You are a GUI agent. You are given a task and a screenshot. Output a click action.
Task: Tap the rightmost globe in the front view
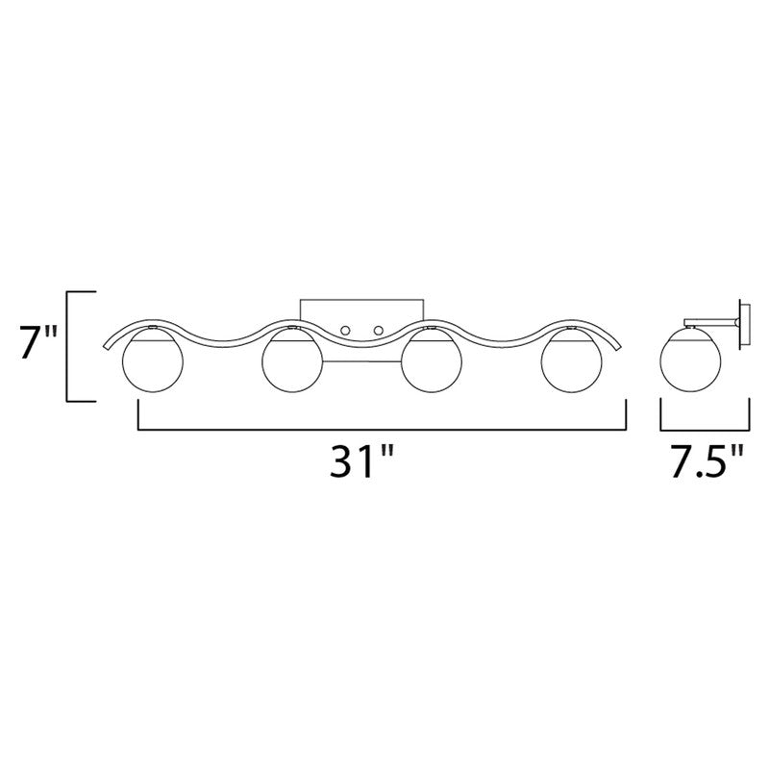(570, 366)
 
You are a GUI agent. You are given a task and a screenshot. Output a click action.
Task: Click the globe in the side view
(689, 366)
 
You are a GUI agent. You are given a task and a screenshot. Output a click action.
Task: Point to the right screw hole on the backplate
(379, 332)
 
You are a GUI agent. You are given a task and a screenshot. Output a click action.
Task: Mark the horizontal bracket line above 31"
(384, 428)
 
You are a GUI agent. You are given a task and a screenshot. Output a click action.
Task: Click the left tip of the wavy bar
(104, 350)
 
